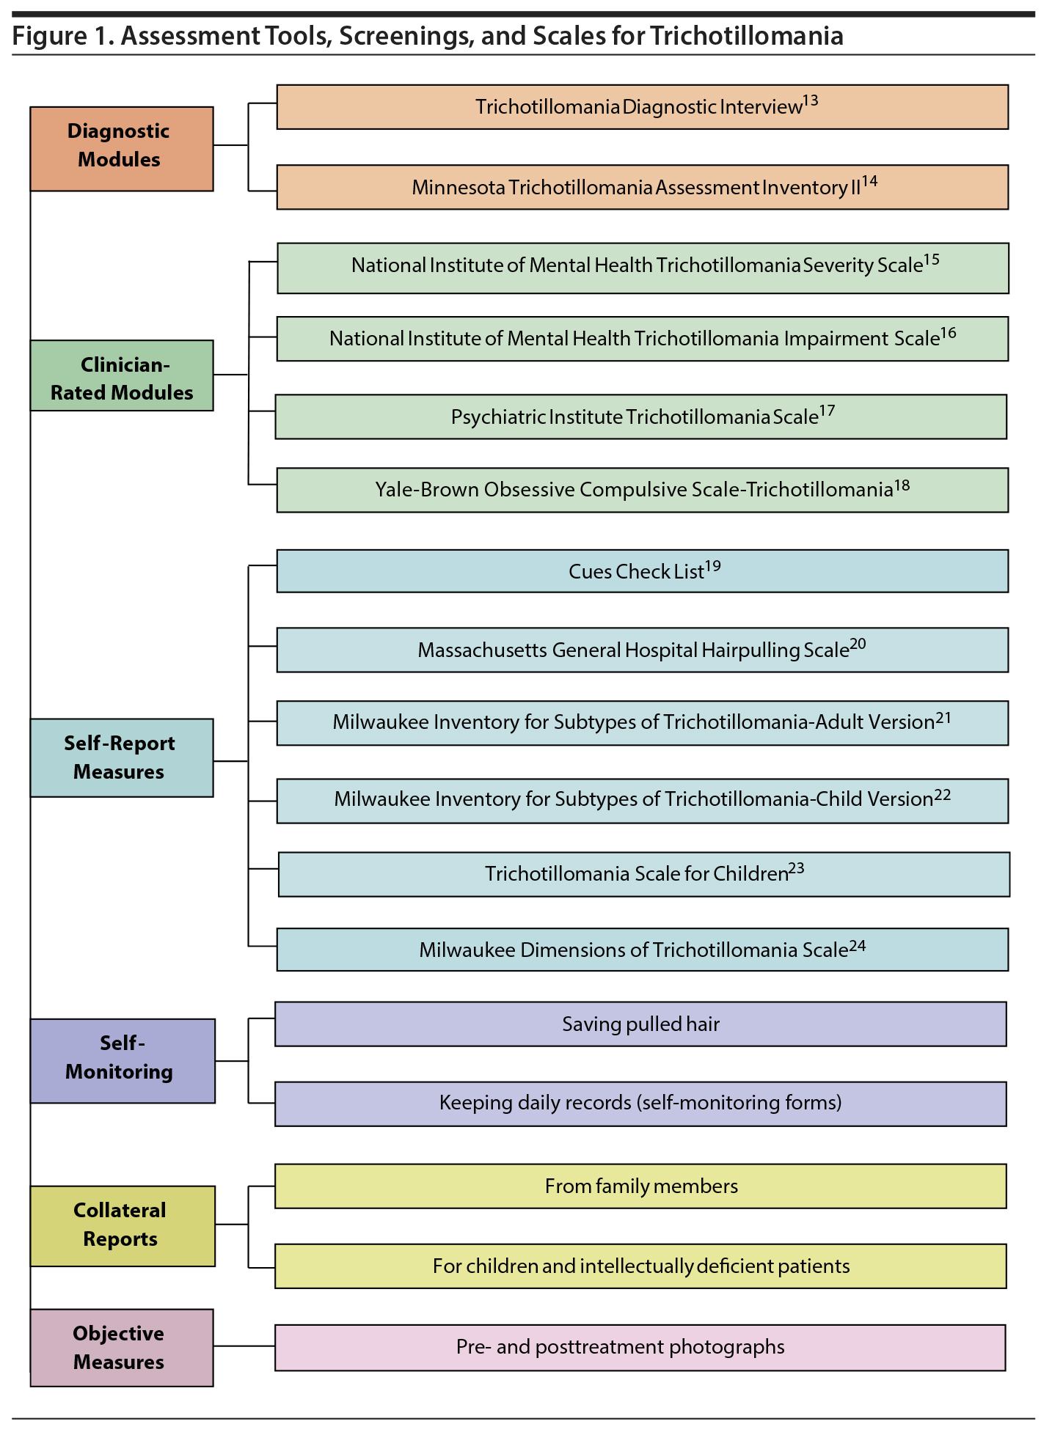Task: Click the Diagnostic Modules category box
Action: coord(122,149)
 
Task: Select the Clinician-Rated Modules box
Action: coord(122,375)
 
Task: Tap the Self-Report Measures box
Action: coord(122,757)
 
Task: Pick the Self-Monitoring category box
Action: coord(123,1060)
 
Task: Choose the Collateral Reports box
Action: coord(123,1226)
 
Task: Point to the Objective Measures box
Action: coord(122,1348)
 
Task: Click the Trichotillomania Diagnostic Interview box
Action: coord(642,107)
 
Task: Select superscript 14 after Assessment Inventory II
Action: coord(869,181)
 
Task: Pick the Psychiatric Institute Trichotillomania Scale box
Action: coord(640,417)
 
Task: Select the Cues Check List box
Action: coord(642,571)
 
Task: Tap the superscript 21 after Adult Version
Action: coord(943,717)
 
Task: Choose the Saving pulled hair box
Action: coord(640,1024)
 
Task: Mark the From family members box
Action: coord(640,1186)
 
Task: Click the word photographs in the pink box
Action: coord(727,1347)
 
